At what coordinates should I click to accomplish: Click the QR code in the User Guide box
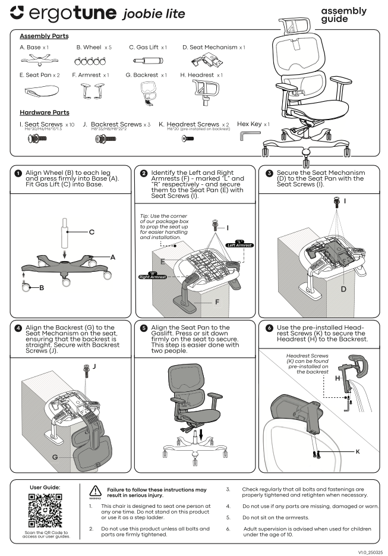[45, 510]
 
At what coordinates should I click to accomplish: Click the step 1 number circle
[18, 173]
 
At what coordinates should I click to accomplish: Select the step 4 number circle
[18, 328]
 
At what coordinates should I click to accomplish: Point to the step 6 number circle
[270, 328]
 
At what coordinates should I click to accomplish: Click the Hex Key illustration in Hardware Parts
[245, 137]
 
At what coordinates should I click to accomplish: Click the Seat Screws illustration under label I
[38, 139]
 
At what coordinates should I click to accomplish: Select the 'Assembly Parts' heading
[43, 36]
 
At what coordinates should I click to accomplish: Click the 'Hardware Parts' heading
[45, 112]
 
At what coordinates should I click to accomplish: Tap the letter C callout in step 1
[91, 233]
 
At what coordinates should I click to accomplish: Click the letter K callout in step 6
[357, 452]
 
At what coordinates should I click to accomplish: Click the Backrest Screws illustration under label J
[105, 139]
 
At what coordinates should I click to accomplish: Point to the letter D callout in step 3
[343, 289]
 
